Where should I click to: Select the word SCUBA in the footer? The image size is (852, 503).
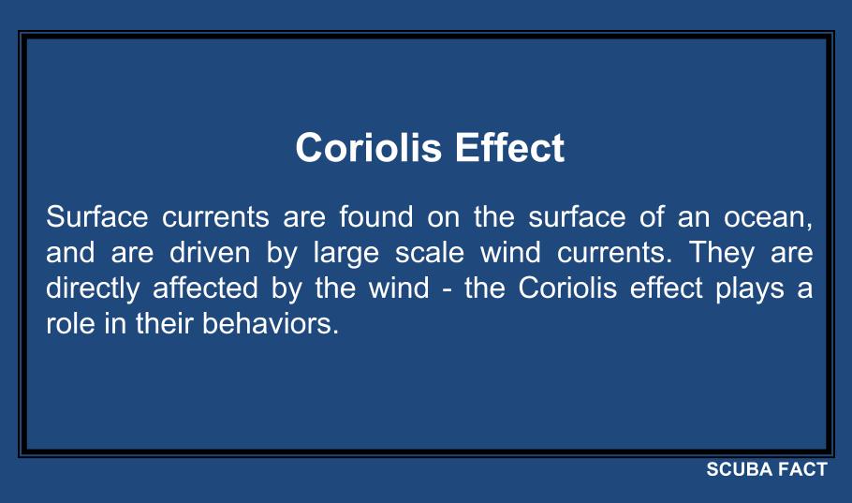point(741,470)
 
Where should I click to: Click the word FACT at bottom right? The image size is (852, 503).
point(803,470)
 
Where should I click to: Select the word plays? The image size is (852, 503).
point(747,289)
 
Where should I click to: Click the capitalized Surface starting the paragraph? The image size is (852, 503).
point(97,218)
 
